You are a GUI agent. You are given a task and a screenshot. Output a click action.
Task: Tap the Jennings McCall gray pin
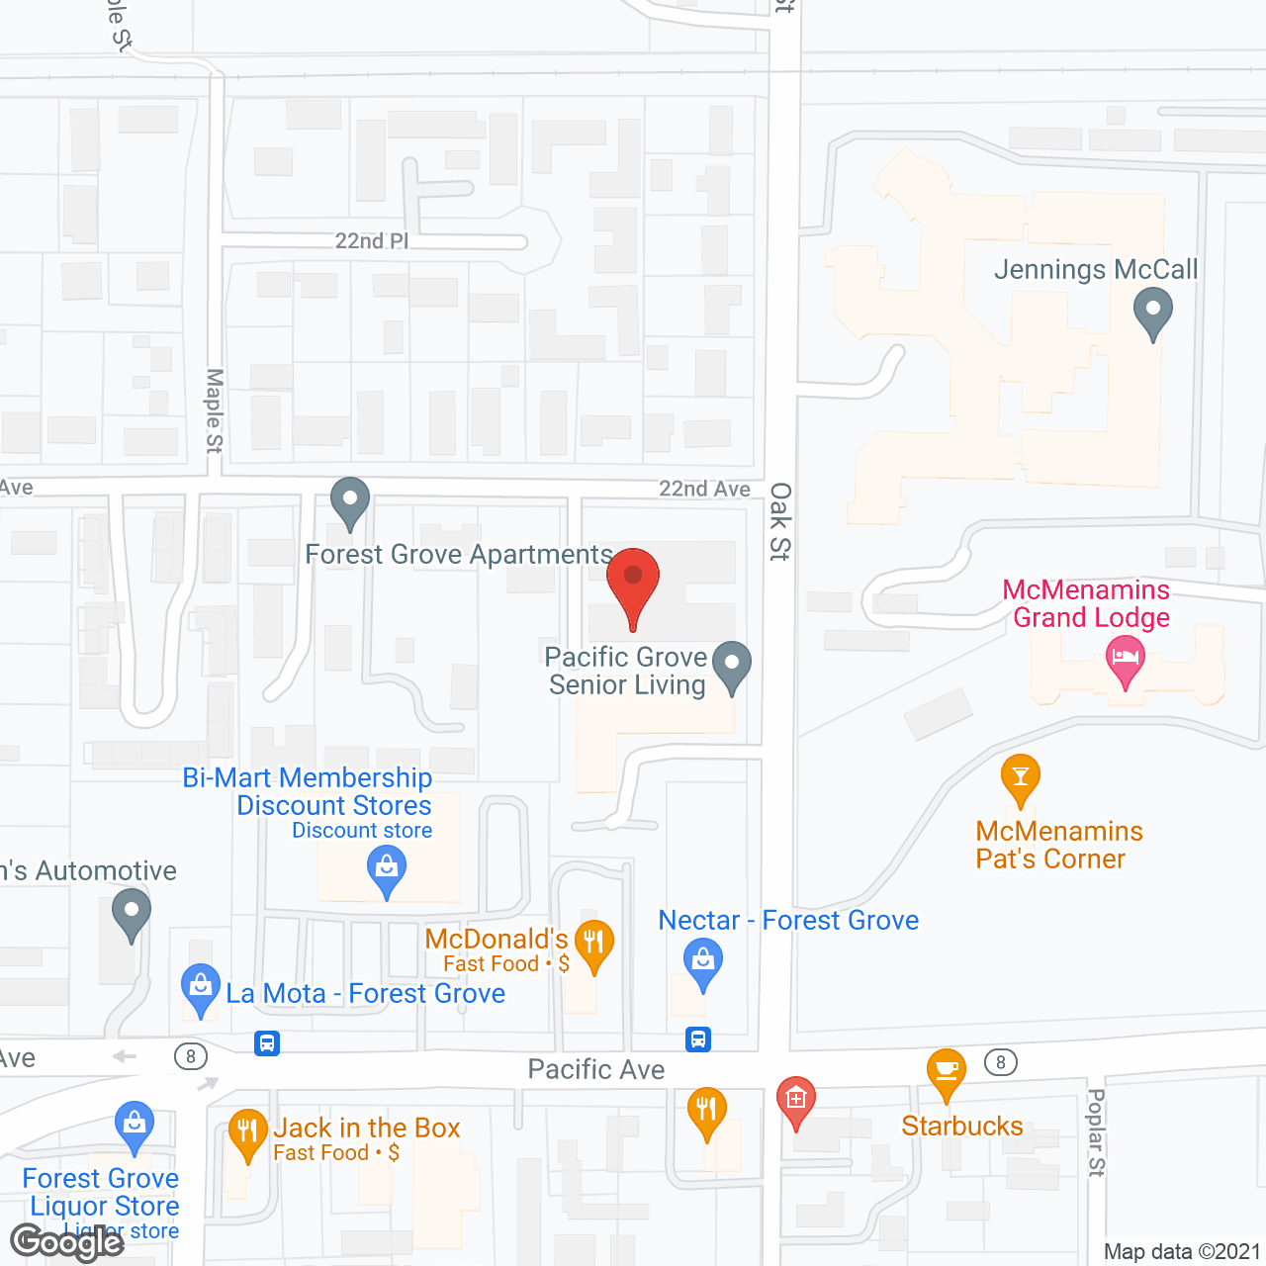1152,312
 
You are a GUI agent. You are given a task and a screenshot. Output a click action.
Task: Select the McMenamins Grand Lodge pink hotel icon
1125,660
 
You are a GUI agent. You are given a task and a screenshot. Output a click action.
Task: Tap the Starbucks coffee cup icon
947,1071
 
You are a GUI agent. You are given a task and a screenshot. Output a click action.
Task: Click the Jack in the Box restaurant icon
247,1131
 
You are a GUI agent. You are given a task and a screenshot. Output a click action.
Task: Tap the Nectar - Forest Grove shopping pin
702,961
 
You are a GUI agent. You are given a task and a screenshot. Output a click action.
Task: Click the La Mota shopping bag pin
201,987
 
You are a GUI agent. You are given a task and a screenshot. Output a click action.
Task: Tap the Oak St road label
780,521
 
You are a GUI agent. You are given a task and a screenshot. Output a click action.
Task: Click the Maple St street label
215,410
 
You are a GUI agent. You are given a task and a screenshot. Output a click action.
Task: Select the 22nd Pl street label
371,241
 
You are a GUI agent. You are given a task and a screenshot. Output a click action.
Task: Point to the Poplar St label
1096,1132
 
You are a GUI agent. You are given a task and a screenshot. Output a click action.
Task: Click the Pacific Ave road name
595,1069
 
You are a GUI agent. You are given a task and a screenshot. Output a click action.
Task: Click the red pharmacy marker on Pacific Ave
796,1099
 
